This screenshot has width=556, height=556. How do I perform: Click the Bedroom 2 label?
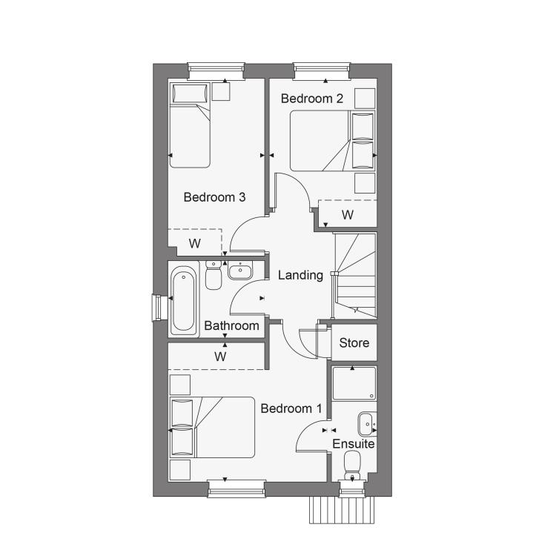pos(312,99)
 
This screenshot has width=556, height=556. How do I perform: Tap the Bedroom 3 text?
pos(214,197)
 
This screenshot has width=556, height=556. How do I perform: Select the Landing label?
pos(300,276)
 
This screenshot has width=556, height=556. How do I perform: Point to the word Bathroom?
pos(231,325)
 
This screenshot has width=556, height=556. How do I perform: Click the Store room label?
pos(354,343)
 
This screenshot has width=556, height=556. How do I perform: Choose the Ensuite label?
pos(353,444)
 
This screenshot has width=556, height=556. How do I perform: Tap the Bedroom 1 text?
pos(291,408)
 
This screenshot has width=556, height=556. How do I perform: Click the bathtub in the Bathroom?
pos(184,301)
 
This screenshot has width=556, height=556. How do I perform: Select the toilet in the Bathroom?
pos(214,275)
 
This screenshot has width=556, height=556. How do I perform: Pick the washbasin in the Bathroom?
pos(240,271)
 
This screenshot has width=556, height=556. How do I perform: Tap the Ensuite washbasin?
pos(368,424)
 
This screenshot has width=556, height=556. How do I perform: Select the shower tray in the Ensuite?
pos(354,384)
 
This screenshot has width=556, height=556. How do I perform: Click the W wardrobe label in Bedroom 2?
pos(348,214)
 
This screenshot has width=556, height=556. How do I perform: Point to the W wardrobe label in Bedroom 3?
pos(195,244)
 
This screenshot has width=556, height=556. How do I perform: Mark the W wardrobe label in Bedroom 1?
pos(220,357)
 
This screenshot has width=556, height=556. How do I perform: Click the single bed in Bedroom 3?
pos(190,125)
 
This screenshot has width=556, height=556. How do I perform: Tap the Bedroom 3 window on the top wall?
pos(216,71)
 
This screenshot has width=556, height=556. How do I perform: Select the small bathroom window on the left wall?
pos(159,308)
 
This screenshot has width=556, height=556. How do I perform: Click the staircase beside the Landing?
pos(355,275)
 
